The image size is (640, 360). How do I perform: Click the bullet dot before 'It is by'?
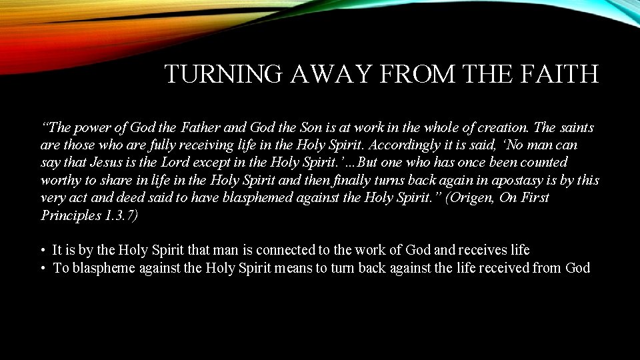coord(42,251)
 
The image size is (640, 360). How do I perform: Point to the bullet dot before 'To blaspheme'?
coord(42,269)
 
